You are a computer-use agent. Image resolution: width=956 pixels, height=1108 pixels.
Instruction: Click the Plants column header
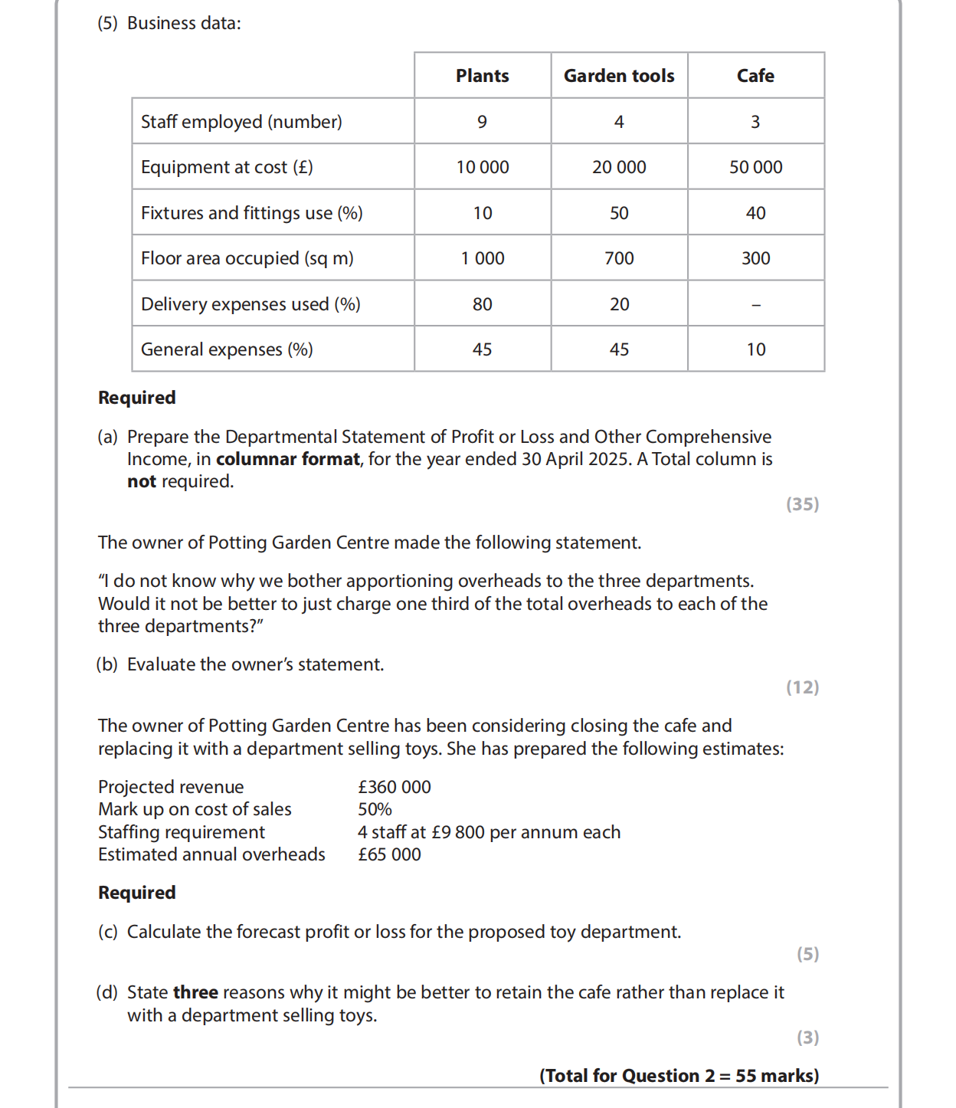tap(482, 76)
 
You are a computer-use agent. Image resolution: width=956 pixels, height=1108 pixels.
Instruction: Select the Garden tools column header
tap(619, 76)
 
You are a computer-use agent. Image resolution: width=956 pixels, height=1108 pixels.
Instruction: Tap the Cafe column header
tap(755, 76)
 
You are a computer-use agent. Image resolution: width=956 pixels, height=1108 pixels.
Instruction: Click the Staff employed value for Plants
tap(482, 122)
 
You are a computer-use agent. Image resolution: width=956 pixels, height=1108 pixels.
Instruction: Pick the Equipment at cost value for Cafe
tap(755, 167)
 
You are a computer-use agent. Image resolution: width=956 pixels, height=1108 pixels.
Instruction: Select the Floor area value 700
tap(619, 258)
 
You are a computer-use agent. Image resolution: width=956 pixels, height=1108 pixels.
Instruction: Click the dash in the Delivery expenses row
tap(756, 305)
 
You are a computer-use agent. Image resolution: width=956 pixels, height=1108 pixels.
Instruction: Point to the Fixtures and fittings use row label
tap(251, 213)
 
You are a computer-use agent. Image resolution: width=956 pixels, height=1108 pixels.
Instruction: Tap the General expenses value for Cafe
tap(756, 349)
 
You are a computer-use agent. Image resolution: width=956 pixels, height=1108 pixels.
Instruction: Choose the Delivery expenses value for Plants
tap(482, 304)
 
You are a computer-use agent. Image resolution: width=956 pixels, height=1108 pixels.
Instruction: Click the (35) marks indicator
tap(802, 504)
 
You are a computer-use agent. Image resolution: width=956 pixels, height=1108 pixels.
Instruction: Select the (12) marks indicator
tap(802, 687)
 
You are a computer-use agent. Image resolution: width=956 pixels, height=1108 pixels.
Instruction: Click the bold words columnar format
tap(287, 459)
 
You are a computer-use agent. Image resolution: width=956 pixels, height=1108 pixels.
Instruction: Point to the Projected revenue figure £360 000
tap(395, 787)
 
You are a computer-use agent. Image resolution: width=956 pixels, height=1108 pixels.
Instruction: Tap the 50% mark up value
tap(375, 809)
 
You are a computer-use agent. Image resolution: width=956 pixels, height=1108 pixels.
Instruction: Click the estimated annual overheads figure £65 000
tap(389, 854)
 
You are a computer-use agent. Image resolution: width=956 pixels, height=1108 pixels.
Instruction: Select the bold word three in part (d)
tap(195, 992)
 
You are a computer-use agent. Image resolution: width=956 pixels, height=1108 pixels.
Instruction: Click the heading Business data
tap(184, 23)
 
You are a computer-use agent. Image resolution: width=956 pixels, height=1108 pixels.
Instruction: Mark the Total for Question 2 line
tap(679, 1076)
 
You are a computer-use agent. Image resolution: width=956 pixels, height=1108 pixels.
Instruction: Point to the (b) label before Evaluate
tap(107, 664)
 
